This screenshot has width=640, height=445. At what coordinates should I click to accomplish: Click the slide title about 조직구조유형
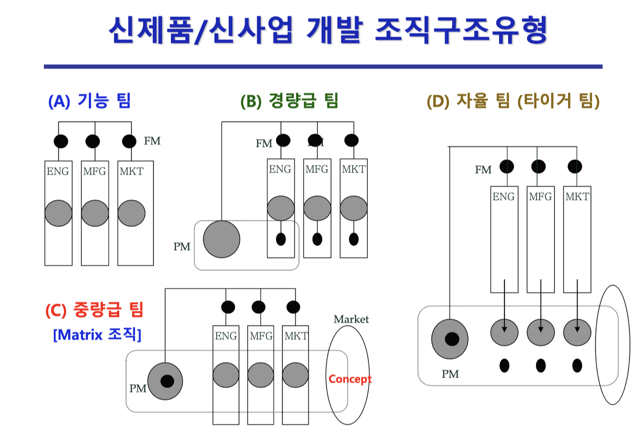pyautogui.click(x=328, y=31)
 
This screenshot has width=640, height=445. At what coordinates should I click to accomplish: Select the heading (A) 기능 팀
pyautogui.click(x=89, y=101)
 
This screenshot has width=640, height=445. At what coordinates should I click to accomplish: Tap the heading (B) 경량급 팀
pyautogui.click(x=289, y=101)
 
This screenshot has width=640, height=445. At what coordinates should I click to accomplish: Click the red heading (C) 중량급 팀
pyautogui.click(x=94, y=310)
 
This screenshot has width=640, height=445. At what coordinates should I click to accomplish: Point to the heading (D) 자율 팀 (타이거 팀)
pyautogui.click(x=513, y=101)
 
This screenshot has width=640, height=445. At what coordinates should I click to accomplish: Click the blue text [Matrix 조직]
pyautogui.click(x=97, y=334)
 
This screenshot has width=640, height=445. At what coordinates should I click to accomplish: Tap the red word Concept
pyautogui.click(x=350, y=379)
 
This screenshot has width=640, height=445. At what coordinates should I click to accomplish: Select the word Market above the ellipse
pyautogui.click(x=351, y=319)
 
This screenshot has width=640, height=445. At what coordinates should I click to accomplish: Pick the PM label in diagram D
pyautogui.click(x=450, y=373)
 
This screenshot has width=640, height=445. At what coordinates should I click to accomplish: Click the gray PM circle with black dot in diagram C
pyautogui.click(x=165, y=381)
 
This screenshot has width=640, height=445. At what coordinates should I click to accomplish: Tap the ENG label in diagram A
pyautogui.click(x=58, y=171)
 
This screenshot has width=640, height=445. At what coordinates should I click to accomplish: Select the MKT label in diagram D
pyautogui.click(x=577, y=196)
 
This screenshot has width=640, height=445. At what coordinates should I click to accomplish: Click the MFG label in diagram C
pyautogui.click(x=261, y=335)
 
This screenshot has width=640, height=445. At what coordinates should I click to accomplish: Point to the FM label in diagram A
pyautogui.click(x=152, y=141)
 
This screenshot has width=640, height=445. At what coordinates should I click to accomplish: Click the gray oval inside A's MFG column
pyautogui.click(x=95, y=213)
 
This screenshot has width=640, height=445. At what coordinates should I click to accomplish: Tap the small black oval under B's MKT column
pyautogui.click(x=353, y=239)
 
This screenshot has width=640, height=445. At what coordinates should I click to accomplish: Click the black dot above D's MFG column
pyautogui.click(x=538, y=166)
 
